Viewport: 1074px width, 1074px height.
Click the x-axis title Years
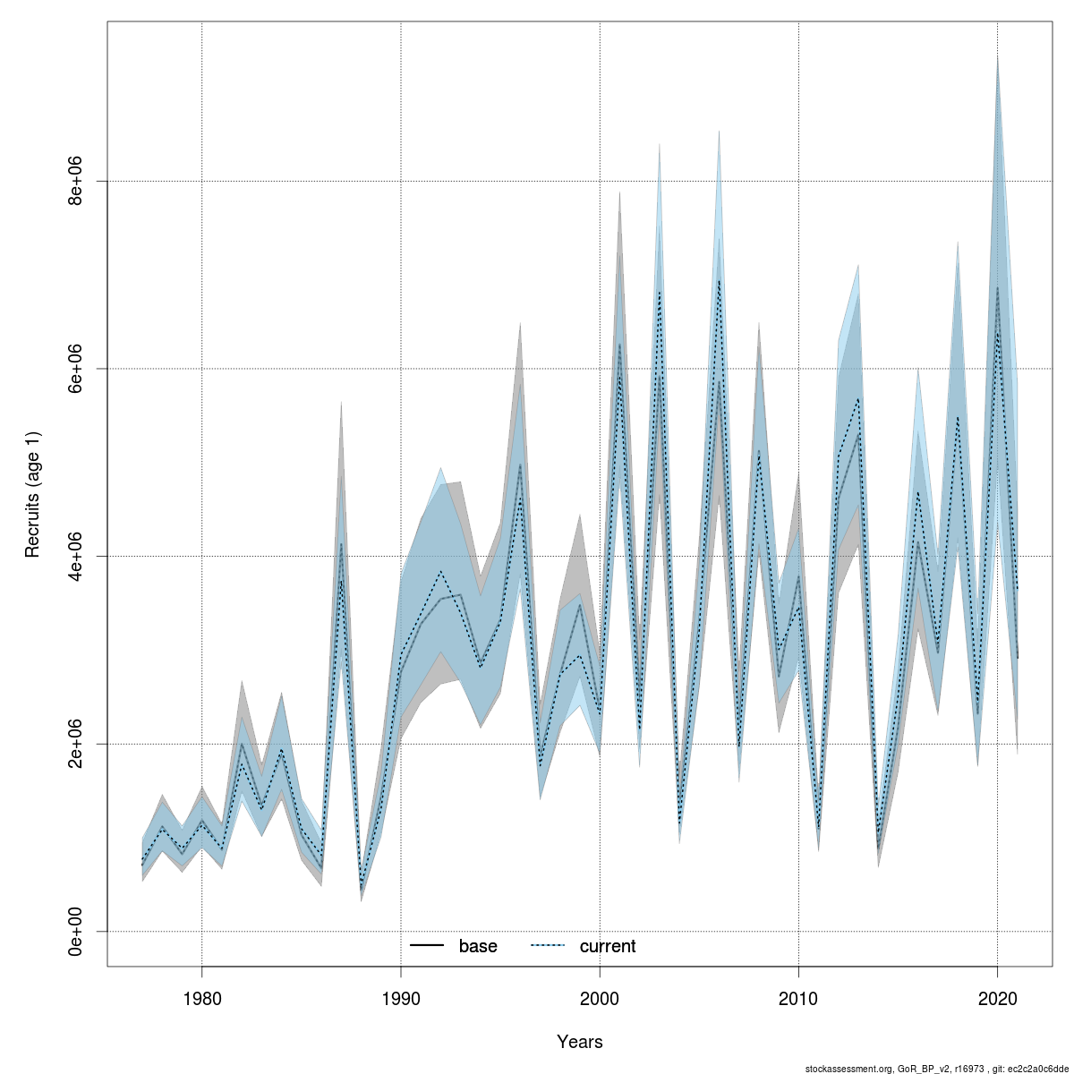click(x=579, y=1042)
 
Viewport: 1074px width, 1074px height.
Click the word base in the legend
click(x=478, y=946)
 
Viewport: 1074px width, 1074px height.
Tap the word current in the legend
click(x=608, y=946)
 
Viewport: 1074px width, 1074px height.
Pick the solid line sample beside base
click(x=428, y=946)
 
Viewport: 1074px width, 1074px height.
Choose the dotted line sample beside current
click(x=548, y=946)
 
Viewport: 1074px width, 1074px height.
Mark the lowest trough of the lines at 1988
click(x=361, y=891)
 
